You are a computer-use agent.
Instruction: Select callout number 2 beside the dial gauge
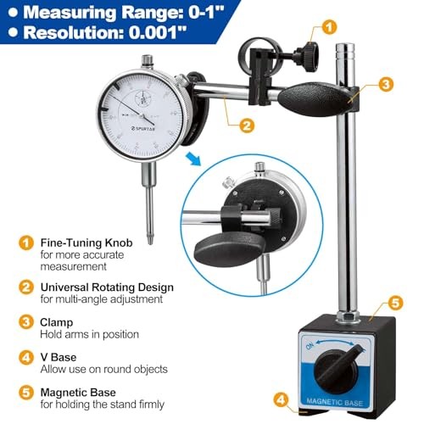click(x=246, y=126)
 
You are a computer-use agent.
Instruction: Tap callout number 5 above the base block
click(x=392, y=303)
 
